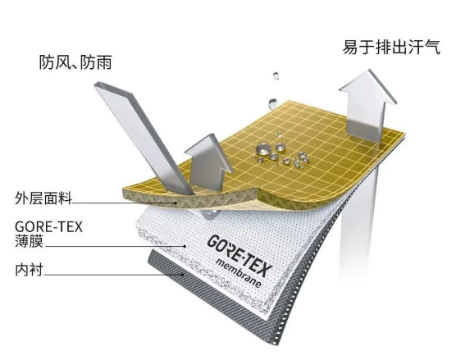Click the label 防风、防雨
(x=75, y=62)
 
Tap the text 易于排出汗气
(x=391, y=47)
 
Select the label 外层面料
(x=43, y=198)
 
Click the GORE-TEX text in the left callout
(x=48, y=227)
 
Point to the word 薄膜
(x=29, y=241)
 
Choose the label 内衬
(x=29, y=270)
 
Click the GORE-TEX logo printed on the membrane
(x=240, y=255)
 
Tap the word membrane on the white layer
(x=239, y=273)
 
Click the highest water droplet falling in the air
(x=276, y=76)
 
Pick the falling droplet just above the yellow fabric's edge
(x=272, y=103)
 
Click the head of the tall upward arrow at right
(x=368, y=86)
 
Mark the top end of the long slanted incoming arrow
(x=99, y=84)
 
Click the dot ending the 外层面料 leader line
(x=176, y=203)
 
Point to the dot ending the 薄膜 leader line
(x=185, y=246)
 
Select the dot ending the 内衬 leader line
(x=183, y=274)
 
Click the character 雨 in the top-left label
(x=104, y=62)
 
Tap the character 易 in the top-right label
(x=350, y=47)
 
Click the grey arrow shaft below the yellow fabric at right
(x=358, y=227)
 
